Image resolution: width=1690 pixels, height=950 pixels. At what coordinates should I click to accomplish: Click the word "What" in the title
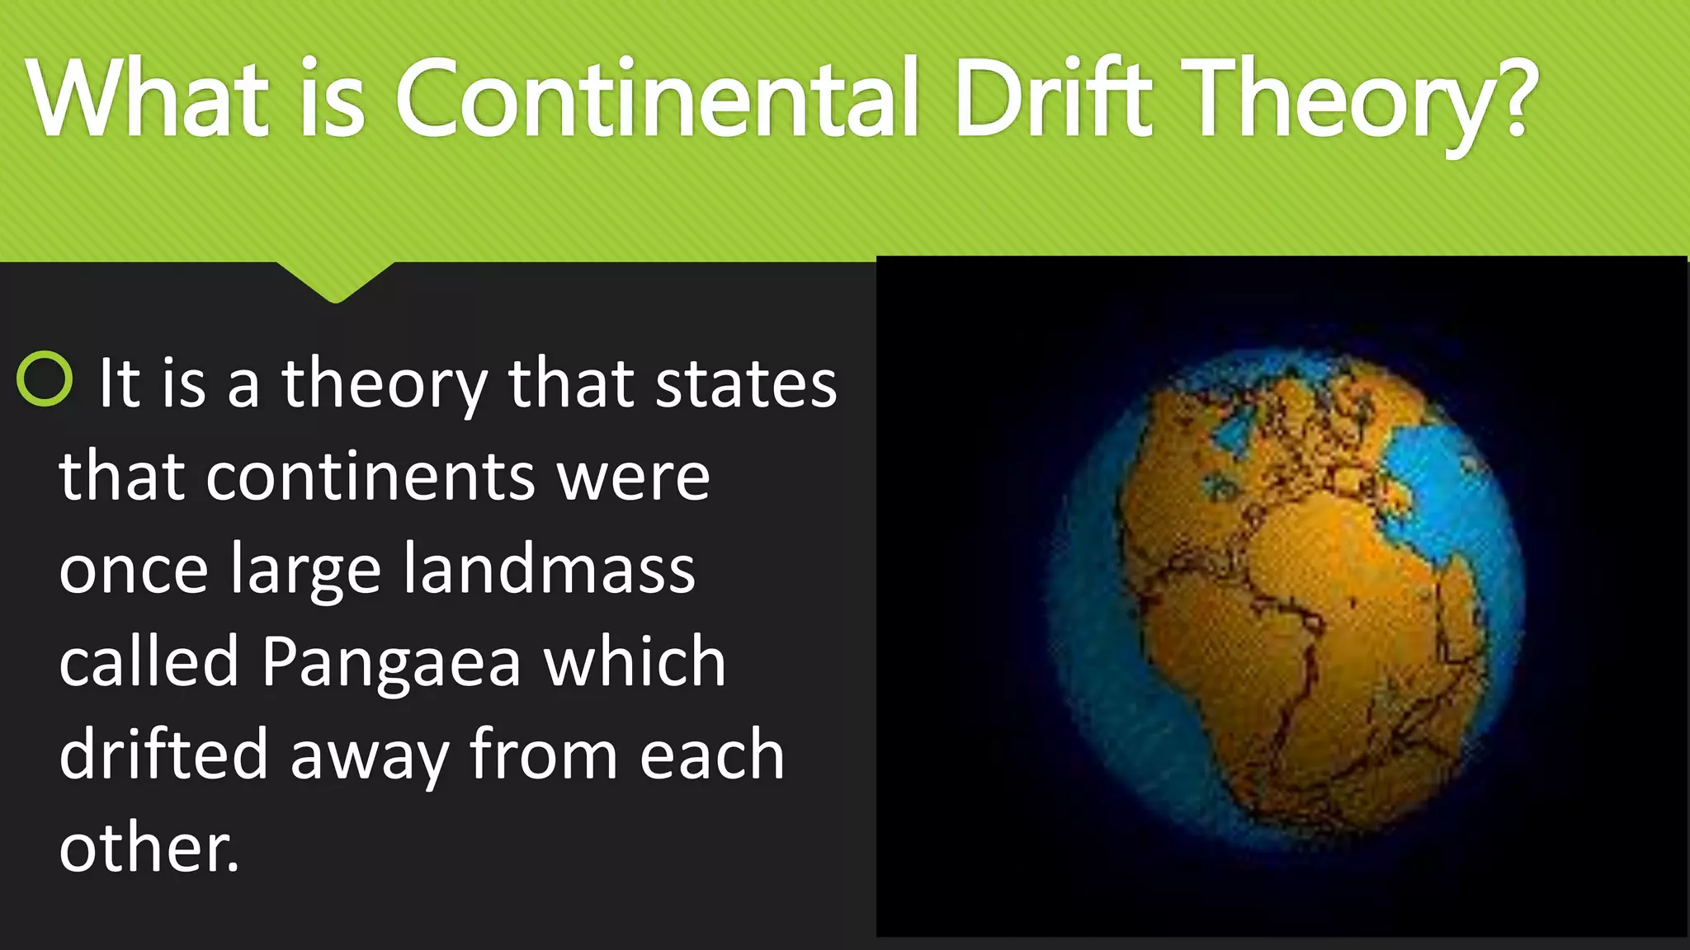pyautogui.click(x=148, y=98)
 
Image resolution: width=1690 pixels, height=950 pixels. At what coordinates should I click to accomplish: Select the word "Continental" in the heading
pyautogui.click(x=657, y=98)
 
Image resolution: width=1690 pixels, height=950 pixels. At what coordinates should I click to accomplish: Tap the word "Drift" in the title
pyautogui.click(x=1053, y=98)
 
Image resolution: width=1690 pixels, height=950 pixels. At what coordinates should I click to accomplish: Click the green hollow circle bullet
pyautogui.click(x=45, y=379)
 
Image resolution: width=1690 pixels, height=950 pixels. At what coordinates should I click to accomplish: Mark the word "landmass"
pyautogui.click(x=549, y=570)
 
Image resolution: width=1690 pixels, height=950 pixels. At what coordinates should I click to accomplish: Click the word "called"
pyautogui.click(x=149, y=661)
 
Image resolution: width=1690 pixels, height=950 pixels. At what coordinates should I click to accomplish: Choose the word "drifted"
pyautogui.click(x=163, y=755)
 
